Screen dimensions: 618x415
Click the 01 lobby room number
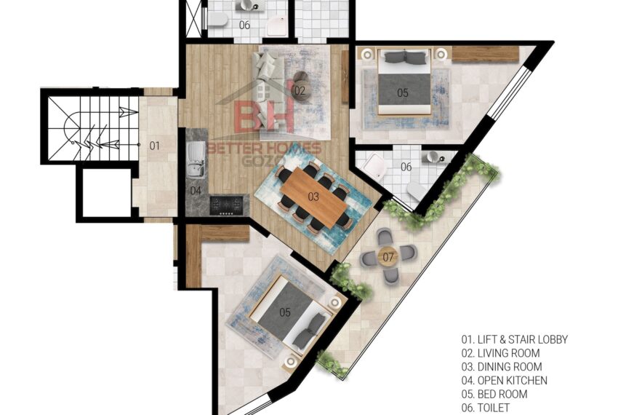[154, 146]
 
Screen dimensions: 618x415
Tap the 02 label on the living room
[300, 91]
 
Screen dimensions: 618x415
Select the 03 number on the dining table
[313, 197]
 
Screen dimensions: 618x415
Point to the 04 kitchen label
[196, 191]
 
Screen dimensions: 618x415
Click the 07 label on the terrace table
[388, 258]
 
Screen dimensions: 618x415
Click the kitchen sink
[196, 159]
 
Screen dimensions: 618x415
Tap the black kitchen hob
[227, 205]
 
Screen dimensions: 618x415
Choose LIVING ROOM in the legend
[500, 353]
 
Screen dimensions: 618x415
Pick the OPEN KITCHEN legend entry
[505, 380]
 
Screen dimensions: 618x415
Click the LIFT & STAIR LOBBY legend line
[515, 339]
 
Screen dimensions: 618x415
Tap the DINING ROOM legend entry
[502, 367]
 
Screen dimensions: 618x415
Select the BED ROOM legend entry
[494, 394]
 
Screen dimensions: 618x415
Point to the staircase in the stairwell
[93, 129]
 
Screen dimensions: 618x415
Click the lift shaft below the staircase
[106, 192]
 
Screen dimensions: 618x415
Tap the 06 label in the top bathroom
[244, 25]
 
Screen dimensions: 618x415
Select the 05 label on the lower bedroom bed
[285, 313]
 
